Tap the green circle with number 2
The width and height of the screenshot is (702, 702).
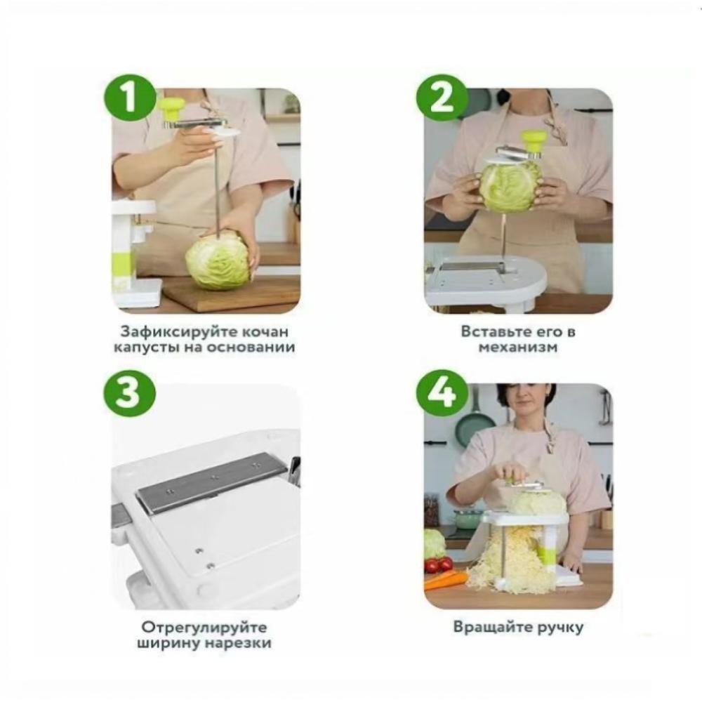(x=442, y=98)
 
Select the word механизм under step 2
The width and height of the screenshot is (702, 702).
(x=518, y=347)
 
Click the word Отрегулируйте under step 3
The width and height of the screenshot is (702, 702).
(x=204, y=627)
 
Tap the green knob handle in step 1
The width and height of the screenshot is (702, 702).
(x=173, y=110)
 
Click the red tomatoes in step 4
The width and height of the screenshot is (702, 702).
(x=439, y=564)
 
